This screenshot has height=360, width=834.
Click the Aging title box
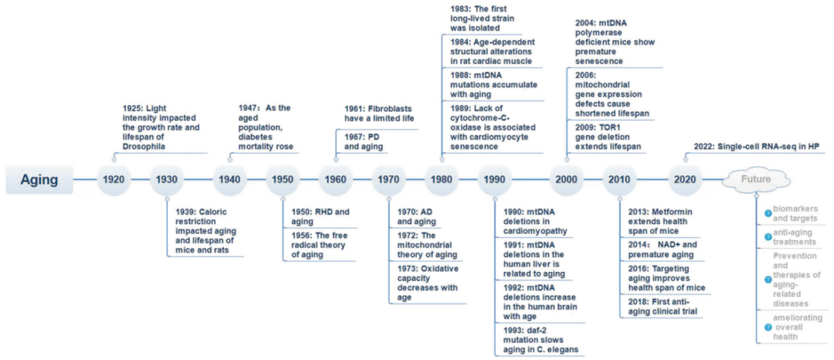[x=39, y=180]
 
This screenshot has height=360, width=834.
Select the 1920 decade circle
[x=114, y=180]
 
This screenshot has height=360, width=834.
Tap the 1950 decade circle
[x=283, y=180]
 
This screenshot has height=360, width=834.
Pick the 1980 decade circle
[x=442, y=180]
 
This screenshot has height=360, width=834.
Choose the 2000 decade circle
[x=567, y=180]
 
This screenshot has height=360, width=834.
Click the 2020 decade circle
[x=684, y=180]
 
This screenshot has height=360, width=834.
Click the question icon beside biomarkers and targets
[x=768, y=214]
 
